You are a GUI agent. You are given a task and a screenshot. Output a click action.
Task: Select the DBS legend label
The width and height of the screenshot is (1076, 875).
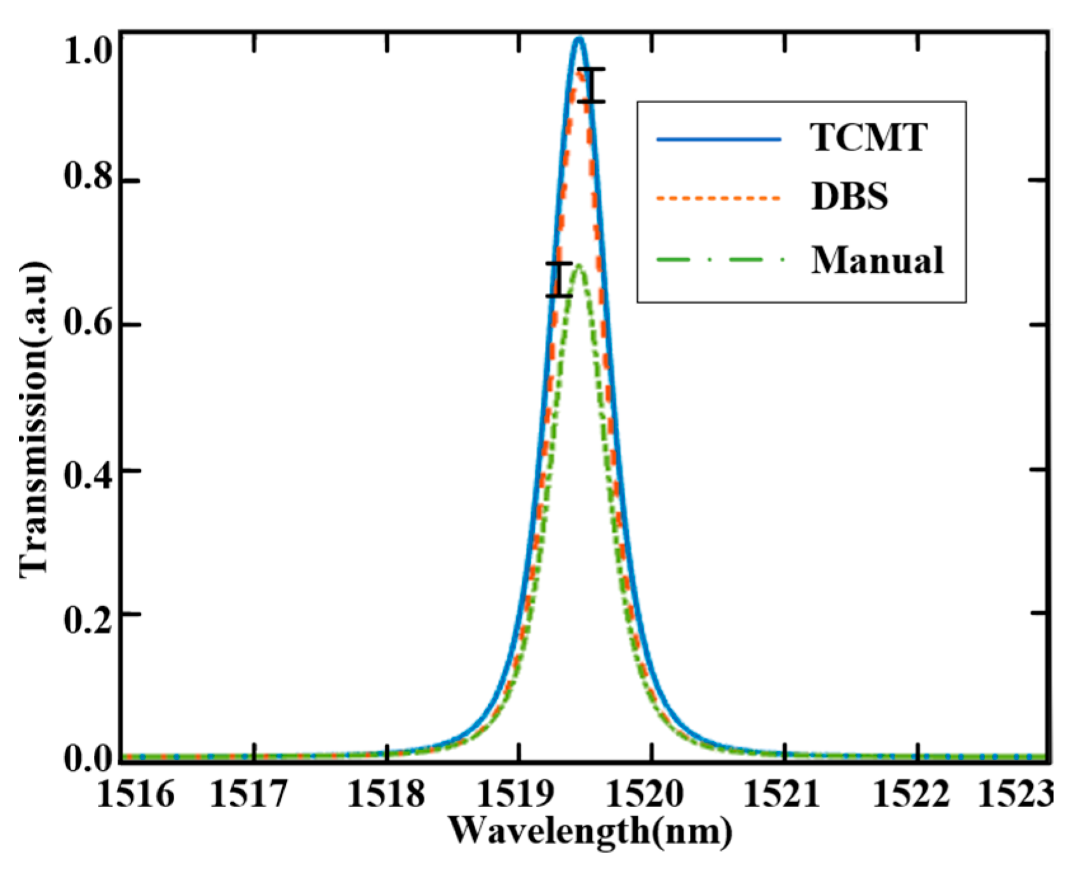point(849,198)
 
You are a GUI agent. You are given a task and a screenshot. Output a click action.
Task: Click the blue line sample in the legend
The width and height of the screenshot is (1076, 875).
point(718,138)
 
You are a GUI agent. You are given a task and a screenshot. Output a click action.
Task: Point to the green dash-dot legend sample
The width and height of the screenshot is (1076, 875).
point(718,260)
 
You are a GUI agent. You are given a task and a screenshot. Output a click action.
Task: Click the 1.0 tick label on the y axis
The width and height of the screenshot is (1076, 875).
point(89,51)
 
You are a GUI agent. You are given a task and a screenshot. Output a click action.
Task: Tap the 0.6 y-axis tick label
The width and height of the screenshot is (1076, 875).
point(89,325)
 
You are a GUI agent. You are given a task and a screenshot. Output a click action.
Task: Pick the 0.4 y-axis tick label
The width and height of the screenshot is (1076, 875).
point(89,470)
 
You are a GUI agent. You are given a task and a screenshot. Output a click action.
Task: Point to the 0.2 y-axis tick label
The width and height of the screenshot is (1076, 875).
point(89,614)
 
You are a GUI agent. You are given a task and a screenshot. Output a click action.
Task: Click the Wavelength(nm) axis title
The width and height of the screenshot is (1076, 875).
point(590,831)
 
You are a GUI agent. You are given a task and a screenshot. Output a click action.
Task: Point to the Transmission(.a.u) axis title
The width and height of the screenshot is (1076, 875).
point(35,419)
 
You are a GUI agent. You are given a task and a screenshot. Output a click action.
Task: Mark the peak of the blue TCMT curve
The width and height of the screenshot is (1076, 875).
point(579,39)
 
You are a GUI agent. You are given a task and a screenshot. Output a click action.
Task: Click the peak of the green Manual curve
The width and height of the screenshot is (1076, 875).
point(579,267)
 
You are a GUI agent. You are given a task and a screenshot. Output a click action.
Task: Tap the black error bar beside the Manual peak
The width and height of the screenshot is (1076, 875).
point(558,280)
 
